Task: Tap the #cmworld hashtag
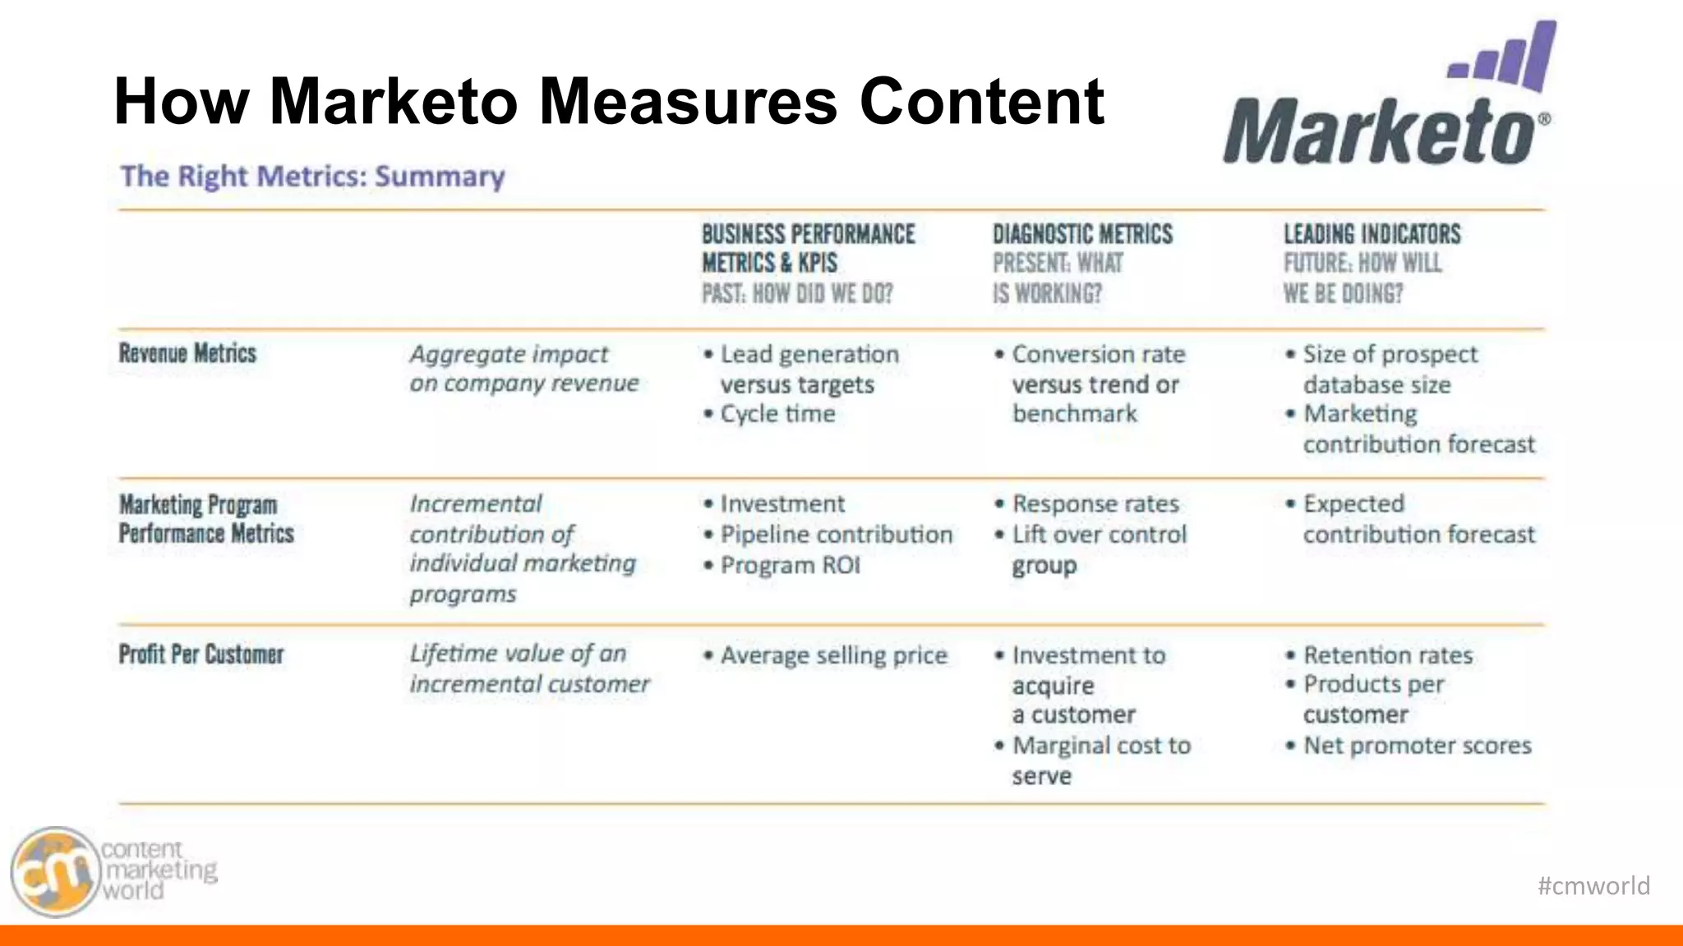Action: click(1593, 885)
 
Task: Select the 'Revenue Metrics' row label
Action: click(187, 353)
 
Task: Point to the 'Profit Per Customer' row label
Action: click(201, 654)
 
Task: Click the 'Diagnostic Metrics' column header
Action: click(1082, 234)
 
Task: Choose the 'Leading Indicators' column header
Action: click(1372, 234)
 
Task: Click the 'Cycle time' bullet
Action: click(777, 414)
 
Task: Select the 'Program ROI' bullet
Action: click(790, 565)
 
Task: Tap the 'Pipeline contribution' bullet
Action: click(836, 535)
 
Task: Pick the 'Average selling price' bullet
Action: click(833, 655)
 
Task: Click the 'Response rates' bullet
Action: click(1095, 503)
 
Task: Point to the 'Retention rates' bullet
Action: click(1388, 655)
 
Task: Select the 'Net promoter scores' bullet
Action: click(1417, 746)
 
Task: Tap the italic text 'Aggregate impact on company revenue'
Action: click(523, 369)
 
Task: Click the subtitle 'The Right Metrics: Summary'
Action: click(312, 177)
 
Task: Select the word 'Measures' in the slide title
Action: click(687, 101)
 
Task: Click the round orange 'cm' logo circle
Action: click(55, 872)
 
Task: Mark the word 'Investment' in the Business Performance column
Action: click(782, 503)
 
